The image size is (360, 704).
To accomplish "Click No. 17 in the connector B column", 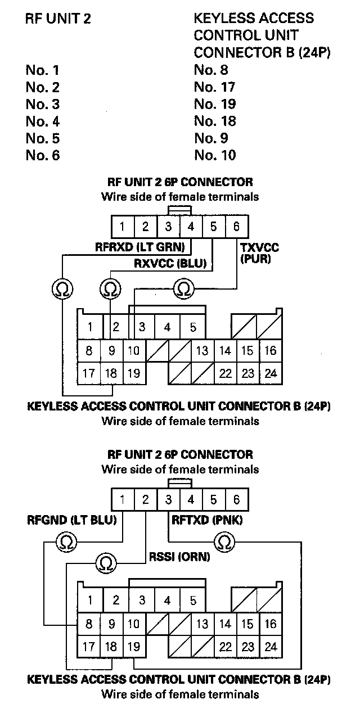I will (x=214, y=87).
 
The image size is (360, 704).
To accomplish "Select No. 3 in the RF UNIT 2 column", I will (x=43, y=104).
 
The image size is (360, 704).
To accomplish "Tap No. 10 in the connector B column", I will (x=215, y=155).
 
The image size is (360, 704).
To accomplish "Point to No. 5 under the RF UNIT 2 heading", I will (x=43, y=138).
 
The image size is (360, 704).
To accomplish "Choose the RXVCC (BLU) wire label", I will (x=170, y=263).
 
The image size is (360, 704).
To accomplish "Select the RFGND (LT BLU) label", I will (x=71, y=520).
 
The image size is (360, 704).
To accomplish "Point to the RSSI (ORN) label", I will (x=179, y=557).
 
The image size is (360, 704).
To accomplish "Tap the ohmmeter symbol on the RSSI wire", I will (x=106, y=562).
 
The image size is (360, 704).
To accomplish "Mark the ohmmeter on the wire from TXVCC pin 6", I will (x=183, y=289).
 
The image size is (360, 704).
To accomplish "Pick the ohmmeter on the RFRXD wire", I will (x=60, y=289).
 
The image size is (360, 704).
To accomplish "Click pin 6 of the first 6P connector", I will (x=236, y=227).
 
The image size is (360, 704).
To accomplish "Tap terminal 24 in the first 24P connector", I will (x=271, y=373).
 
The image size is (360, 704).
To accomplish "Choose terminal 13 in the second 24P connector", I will (x=202, y=624).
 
